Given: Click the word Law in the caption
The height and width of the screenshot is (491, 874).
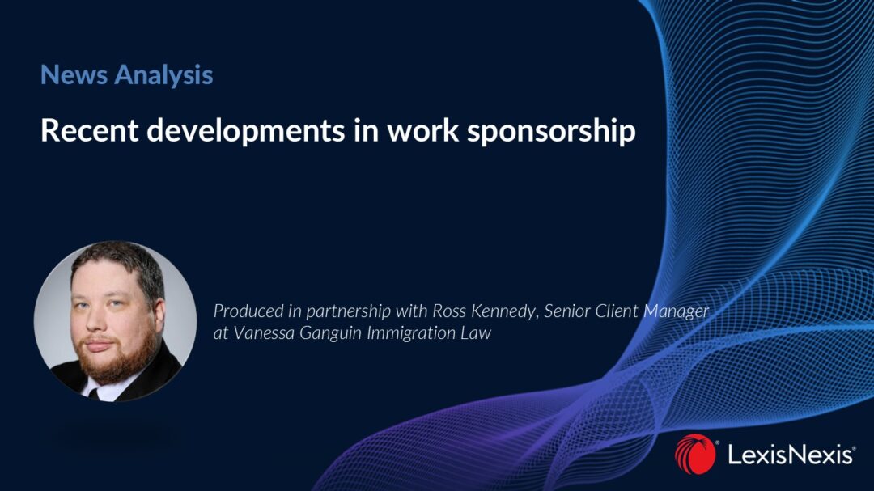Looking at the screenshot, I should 477,332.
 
